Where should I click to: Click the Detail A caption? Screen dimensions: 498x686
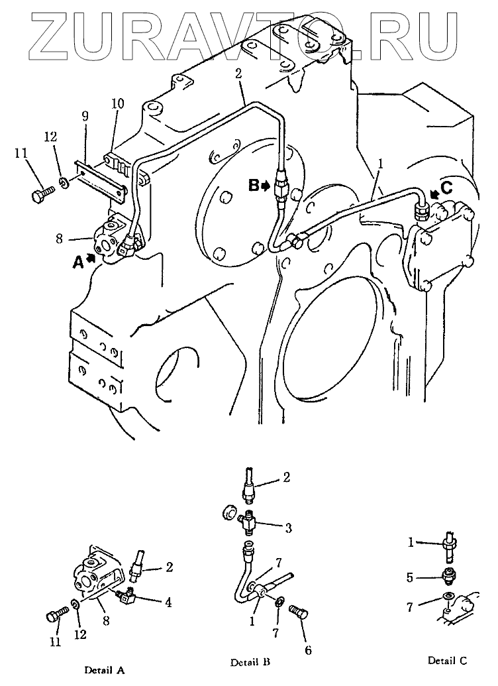point(104,669)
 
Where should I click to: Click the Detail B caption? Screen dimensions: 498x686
point(250,662)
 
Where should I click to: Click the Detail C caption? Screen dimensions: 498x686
point(447,660)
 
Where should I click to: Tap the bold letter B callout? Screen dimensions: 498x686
point(254,186)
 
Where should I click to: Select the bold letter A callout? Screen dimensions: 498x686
point(77,262)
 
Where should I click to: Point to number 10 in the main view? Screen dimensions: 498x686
point(118,104)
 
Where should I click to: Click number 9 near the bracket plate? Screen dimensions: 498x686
point(85,117)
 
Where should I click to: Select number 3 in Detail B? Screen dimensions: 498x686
point(289,528)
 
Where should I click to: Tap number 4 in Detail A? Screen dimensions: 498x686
point(168,603)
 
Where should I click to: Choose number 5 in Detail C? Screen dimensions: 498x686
point(410,577)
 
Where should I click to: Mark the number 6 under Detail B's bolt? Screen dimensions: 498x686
point(308,651)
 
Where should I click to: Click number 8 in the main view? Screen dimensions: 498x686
point(60,239)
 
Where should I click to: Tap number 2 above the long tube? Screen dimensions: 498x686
point(238,74)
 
